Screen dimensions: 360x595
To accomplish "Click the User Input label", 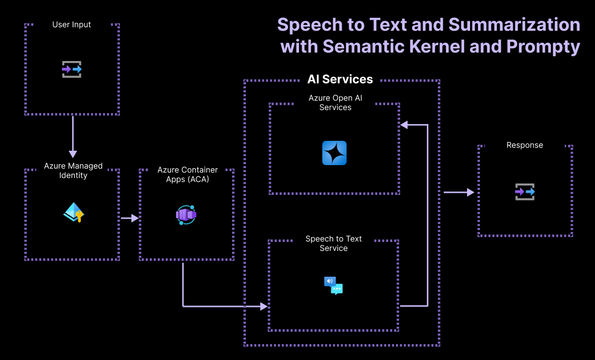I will [72, 24].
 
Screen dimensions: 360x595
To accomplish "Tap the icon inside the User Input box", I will [72, 69].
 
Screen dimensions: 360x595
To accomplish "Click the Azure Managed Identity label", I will [73, 171].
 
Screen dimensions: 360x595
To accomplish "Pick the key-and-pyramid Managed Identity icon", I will [74, 212].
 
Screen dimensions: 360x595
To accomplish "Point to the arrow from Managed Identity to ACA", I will [129, 218].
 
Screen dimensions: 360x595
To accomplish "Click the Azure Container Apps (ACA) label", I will [187, 175].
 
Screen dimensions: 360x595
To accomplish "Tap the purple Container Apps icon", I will [186, 215].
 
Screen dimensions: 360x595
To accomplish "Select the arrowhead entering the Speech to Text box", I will [264, 306].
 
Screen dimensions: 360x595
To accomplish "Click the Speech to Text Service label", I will [334, 243].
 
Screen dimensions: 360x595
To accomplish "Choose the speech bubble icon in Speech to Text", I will [334, 286].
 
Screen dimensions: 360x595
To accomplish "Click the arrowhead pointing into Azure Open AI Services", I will [404, 125].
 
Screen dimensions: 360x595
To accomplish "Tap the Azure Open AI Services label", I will [335, 103].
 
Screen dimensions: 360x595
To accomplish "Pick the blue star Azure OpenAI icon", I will [334, 153].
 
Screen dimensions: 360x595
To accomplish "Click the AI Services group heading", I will [340, 79].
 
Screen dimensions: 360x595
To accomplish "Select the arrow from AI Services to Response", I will [459, 192].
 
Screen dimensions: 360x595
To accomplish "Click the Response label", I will [525, 145].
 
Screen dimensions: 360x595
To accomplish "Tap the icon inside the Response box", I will [525, 191].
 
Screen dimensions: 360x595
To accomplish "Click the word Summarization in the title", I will [520, 25].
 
